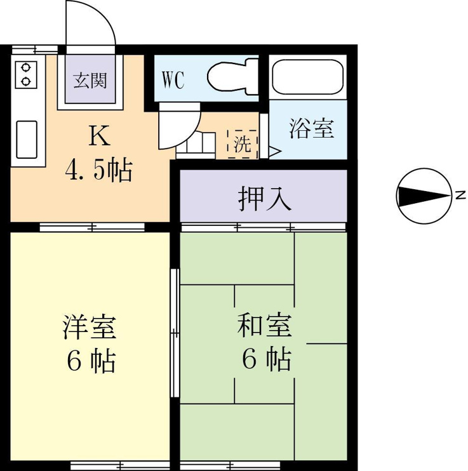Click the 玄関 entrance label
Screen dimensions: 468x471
click(90, 81)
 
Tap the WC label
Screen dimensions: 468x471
click(173, 80)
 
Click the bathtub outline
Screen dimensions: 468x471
click(307, 77)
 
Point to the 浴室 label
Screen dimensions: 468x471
click(312, 128)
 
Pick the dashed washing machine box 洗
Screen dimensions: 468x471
click(243, 144)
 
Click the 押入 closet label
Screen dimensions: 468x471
click(265, 198)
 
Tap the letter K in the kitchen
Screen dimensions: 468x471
click(99, 136)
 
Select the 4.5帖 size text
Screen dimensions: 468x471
click(98, 170)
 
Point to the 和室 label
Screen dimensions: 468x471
click(265, 325)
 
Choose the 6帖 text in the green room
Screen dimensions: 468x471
click(266, 358)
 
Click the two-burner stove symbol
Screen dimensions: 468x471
click(26, 74)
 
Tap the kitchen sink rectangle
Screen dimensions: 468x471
click(27, 140)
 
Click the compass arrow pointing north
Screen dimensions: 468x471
click(424, 196)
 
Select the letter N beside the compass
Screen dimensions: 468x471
click(460, 195)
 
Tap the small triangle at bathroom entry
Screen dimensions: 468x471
click(274, 151)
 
